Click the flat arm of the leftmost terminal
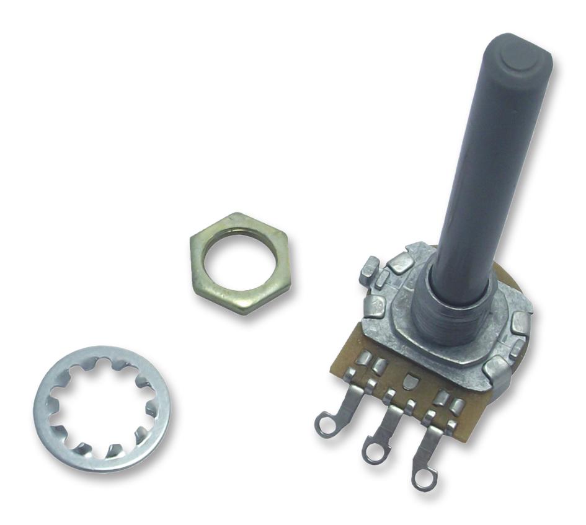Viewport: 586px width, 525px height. point(347,403)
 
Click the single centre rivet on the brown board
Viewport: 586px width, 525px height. point(410,380)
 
